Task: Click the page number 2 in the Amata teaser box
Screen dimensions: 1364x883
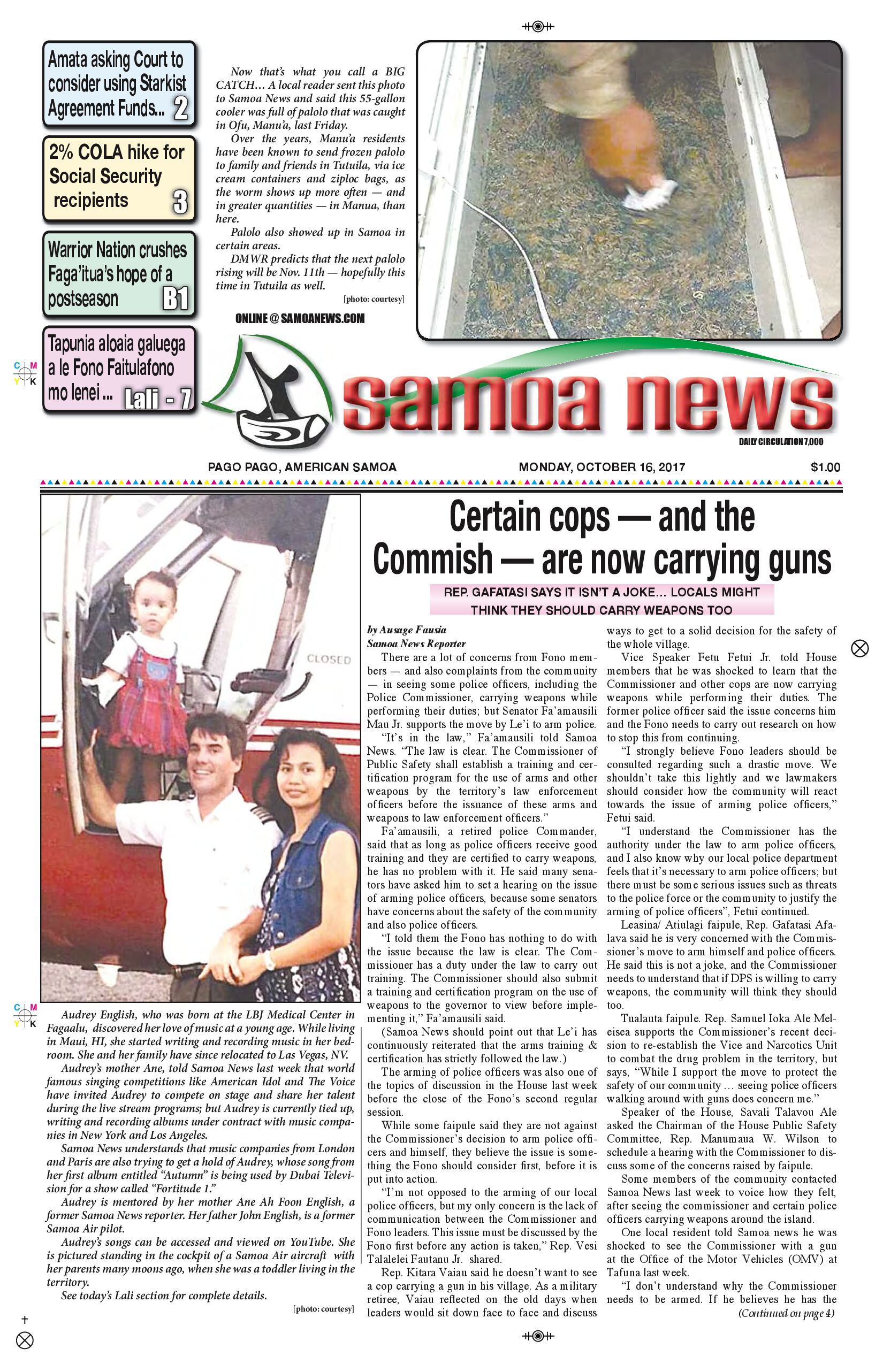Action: (180, 108)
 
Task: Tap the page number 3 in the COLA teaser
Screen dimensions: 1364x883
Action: (180, 201)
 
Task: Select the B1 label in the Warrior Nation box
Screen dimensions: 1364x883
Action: (175, 298)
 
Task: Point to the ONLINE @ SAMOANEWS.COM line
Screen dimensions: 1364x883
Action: (300, 319)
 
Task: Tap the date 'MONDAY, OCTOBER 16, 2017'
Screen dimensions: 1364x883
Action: (602, 467)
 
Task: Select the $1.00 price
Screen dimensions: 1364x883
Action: (825, 467)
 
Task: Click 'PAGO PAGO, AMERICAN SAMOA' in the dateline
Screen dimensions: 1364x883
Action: (302, 467)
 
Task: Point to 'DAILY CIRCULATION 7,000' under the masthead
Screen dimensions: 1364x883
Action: (781, 441)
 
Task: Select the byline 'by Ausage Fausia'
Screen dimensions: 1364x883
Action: (407, 630)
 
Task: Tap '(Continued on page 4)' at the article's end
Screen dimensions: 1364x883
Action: (786, 1313)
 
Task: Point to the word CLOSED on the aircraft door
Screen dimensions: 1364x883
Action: (329, 659)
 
